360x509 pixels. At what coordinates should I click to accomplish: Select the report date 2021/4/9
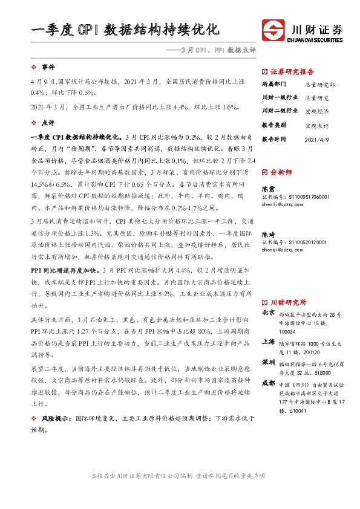coord(317,139)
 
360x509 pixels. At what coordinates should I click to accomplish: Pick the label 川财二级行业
coord(279,111)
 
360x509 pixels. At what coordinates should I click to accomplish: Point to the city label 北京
coord(268,313)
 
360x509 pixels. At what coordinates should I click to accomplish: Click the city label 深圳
coord(268,361)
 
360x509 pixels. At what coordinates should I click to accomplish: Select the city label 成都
coord(268,383)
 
